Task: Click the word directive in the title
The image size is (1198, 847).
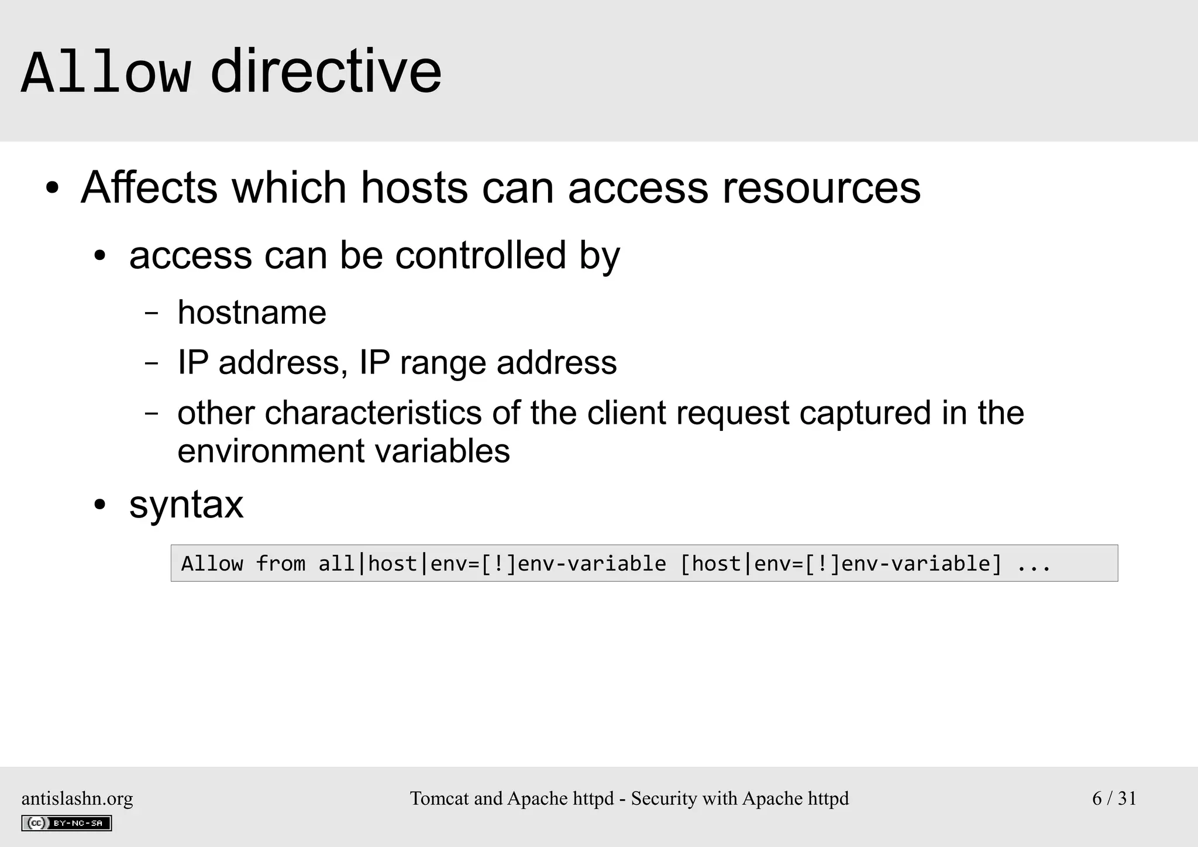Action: tap(326, 71)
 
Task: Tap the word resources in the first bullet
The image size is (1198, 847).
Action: tap(821, 188)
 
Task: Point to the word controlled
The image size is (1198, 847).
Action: tap(480, 255)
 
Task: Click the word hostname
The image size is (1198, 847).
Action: tap(252, 312)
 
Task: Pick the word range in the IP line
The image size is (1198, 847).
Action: tap(442, 364)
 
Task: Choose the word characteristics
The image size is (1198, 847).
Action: tap(373, 413)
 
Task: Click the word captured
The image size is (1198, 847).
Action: tap(865, 414)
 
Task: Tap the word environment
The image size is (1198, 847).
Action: tap(270, 451)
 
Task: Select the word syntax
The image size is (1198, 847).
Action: tap(186, 505)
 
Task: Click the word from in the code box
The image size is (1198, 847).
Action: tap(281, 564)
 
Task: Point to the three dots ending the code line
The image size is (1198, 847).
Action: tap(1034, 564)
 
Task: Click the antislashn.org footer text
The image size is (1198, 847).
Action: tap(77, 798)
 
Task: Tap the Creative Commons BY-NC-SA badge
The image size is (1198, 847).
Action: tap(67, 823)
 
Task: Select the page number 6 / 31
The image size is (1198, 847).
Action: tap(1114, 798)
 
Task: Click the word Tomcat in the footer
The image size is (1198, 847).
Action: tap(439, 798)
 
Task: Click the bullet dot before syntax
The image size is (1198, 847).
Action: tap(101, 505)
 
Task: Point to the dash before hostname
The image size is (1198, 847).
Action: tap(152, 313)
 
